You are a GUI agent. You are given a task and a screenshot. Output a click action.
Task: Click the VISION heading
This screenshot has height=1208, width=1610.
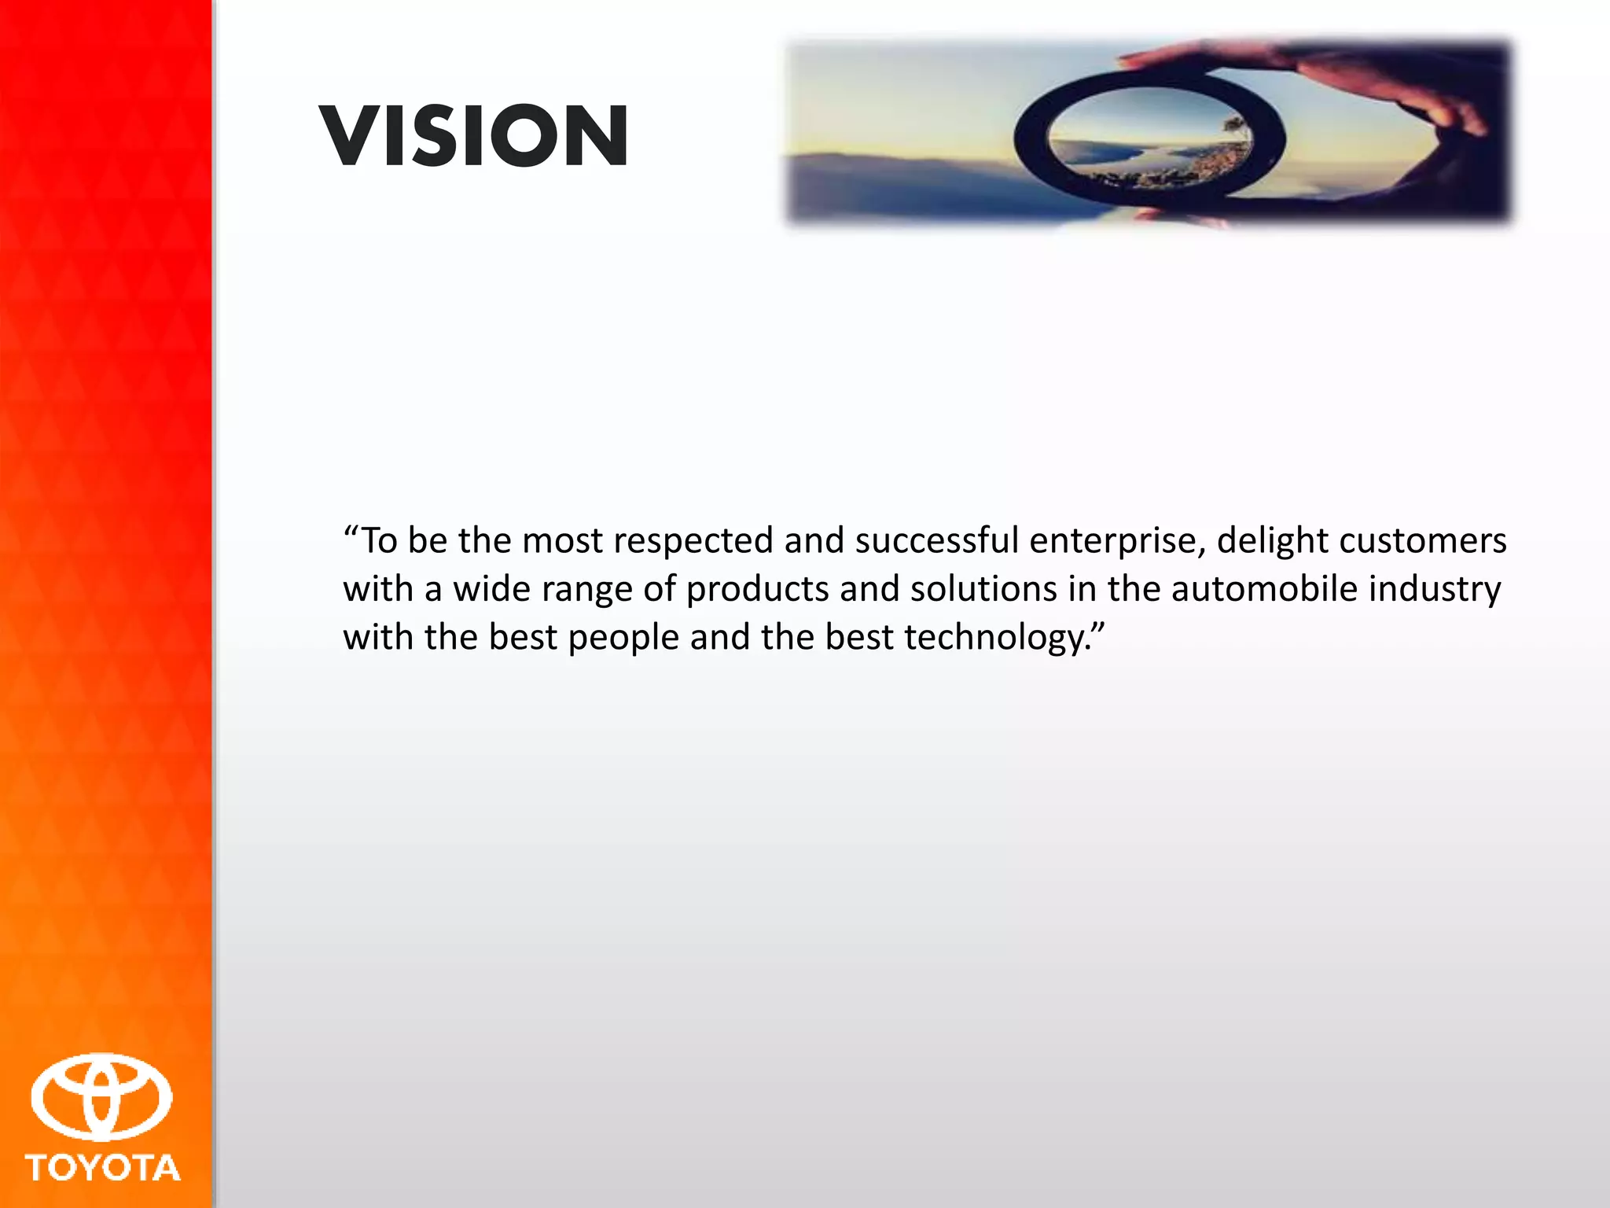(x=474, y=137)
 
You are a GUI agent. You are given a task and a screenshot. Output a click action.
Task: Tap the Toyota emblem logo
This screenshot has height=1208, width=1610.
(x=101, y=1098)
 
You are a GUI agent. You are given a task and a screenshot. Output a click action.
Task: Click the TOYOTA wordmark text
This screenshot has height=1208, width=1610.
(x=103, y=1168)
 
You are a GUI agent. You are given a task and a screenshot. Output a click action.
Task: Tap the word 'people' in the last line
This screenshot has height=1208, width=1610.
(x=623, y=639)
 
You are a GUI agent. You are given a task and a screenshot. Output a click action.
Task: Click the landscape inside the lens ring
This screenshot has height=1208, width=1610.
(x=1148, y=142)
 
